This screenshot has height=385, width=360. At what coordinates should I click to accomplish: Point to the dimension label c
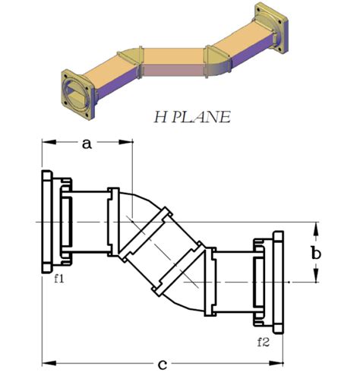(x=162, y=365)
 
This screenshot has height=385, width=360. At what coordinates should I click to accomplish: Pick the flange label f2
(x=263, y=341)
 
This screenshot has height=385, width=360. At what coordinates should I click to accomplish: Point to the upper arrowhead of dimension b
(x=316, y=226)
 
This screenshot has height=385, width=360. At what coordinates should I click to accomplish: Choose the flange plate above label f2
(x=278, y=282)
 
